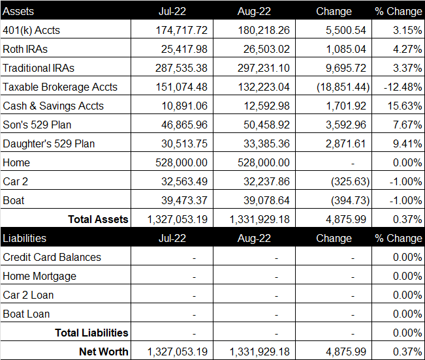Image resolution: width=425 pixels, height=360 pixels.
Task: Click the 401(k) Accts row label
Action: (31, 30)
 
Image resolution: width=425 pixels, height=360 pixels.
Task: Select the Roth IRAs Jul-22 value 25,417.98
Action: (184, 49)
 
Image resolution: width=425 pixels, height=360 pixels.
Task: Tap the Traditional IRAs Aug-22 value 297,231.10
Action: (264, 68)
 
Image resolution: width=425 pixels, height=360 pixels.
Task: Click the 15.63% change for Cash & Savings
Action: (405, 106)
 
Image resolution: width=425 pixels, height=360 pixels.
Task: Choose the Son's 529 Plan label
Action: (37, 125)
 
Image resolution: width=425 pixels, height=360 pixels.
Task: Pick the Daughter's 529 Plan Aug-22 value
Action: (266, 143)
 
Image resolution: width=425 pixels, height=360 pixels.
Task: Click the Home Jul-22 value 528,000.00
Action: (181, 162)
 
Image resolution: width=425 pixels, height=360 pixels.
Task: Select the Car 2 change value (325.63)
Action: (350, 181)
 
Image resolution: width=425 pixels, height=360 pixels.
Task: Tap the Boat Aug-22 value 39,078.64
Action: (266, 201)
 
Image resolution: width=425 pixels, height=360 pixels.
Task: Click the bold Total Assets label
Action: (98, 219)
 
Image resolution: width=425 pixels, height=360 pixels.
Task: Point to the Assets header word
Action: (18, 11)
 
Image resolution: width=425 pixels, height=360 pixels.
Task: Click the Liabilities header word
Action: (24, 238)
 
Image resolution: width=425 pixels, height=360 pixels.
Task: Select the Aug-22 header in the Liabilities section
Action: (254, 238)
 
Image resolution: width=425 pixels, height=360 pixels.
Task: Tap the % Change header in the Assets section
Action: (398, 11)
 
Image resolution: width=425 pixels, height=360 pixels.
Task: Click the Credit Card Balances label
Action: (52, 257)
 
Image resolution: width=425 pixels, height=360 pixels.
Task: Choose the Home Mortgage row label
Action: (40, 276)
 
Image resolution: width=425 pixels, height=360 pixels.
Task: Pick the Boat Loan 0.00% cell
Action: (407, 314)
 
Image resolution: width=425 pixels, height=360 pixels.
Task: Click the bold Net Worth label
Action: (104, 352)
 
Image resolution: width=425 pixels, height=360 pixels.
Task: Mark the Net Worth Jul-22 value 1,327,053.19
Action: (178, 352)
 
